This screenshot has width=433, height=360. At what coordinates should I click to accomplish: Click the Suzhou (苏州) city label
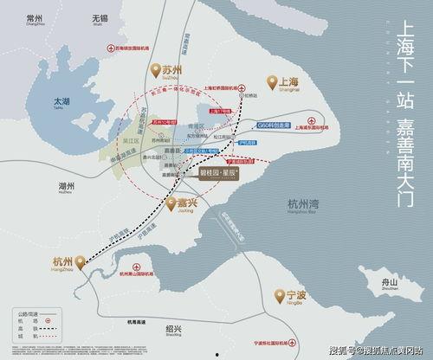pos(172,68)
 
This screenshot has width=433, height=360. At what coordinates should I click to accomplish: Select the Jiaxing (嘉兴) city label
pos(184,202)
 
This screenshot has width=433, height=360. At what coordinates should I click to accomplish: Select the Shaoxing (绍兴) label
pos(173,329)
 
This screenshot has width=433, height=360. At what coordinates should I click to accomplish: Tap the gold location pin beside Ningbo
pos(280,297)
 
